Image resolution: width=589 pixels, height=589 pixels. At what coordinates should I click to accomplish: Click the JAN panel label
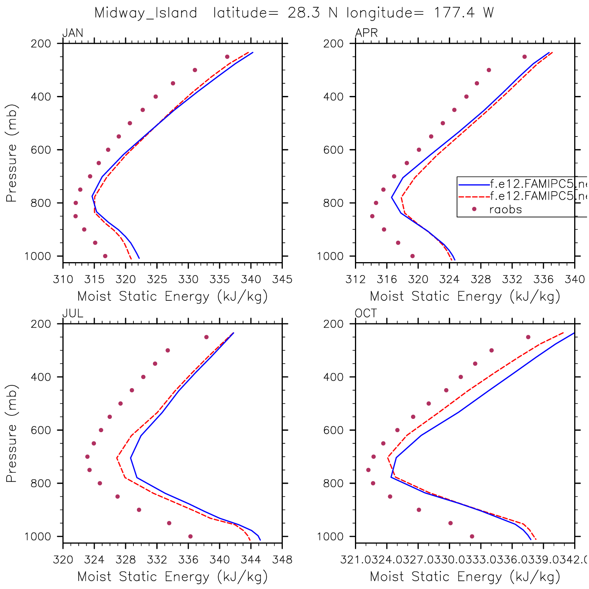(x=73, y=33)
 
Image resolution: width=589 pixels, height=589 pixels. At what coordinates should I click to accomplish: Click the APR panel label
(x=366, y=33)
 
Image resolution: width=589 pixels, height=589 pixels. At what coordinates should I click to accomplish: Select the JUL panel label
(x=73, y=314)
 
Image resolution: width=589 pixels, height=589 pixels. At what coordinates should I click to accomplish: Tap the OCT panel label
(x=366, y=314)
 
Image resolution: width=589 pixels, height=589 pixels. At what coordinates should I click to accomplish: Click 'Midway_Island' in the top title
(x=146, y=13)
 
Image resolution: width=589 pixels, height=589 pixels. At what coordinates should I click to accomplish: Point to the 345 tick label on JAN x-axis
(x=282, y=279)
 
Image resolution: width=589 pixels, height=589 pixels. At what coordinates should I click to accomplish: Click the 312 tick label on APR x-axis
(x=355, y=279)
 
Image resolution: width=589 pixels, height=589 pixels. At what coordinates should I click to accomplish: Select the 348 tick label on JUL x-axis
(x=282, y=560)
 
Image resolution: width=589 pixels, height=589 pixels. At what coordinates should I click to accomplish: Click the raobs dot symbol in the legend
(x=474, y=209)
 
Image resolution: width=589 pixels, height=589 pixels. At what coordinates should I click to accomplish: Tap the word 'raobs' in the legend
(x=506, y=209)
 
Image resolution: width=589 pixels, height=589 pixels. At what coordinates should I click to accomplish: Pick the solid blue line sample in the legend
(x=474, y=185)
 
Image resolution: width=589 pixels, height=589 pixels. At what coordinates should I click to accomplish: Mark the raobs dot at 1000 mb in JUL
(x=190, y=536)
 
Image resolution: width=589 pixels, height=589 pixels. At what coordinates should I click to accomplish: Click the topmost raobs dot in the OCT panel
(x=528, y=337)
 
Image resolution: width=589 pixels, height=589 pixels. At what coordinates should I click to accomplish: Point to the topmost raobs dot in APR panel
(x=525, y=57)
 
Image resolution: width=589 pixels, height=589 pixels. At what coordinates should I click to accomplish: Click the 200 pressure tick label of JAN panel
(x=41, y=44)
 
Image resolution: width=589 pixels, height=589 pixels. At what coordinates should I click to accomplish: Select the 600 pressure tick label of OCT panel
(x=334, y=430)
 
